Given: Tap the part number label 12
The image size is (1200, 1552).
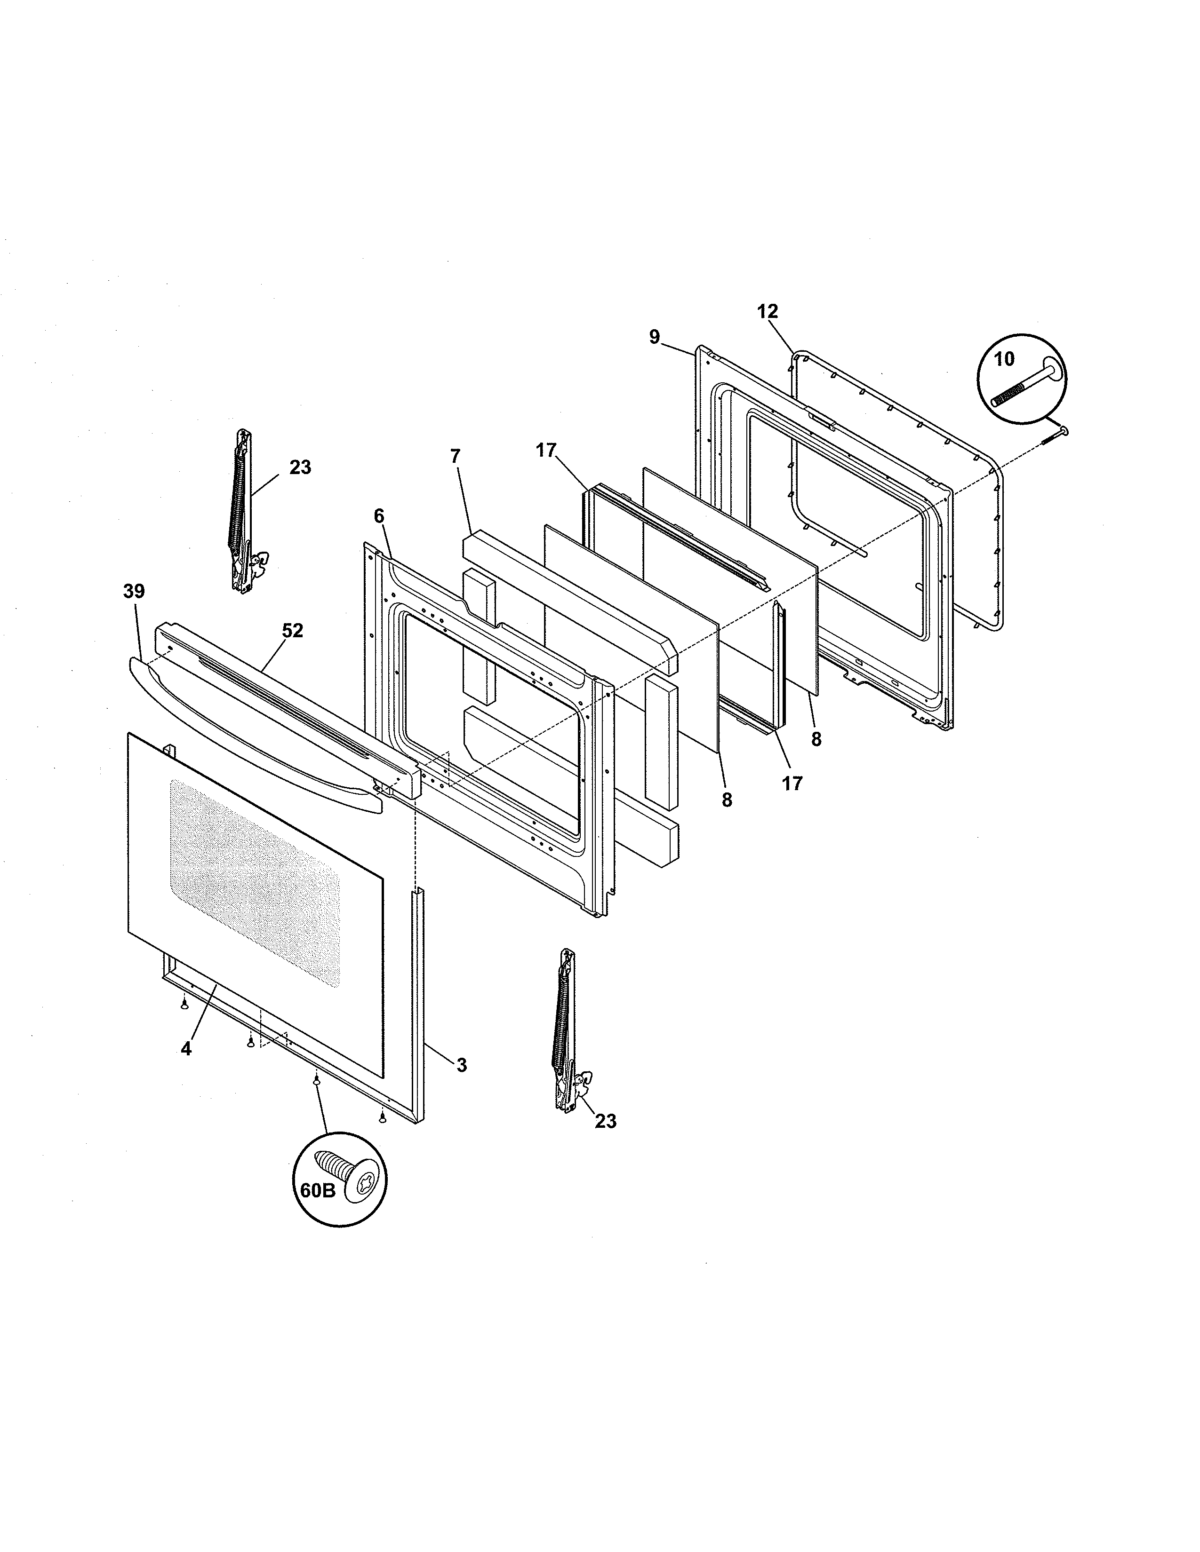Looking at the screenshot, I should coord(768,311).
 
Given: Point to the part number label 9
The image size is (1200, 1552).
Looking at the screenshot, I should coord(655,337).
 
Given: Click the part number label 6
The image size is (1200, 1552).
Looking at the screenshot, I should coord(378,516).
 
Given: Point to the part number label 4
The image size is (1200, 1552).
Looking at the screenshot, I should coord(186,1048).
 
